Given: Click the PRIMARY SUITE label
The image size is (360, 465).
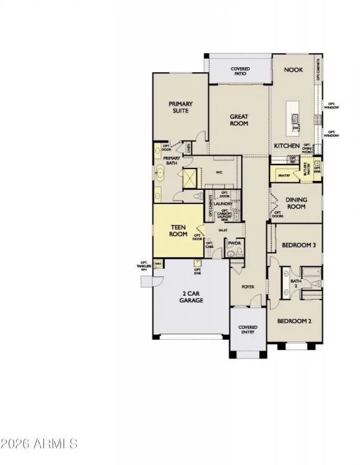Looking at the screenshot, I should click(x=180, y=107).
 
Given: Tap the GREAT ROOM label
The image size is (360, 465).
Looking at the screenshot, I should click(x=239, y=120).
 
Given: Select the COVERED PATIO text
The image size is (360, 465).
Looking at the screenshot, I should click(x=240, y=71).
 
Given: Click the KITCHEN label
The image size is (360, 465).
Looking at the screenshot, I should click(x=286, y=146).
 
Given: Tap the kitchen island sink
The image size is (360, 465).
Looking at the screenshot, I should click(x=294, y=118).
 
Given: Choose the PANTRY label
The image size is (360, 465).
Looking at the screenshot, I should click(x=283, y=175).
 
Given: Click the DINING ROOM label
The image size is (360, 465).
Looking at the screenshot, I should click(x=296, y=203).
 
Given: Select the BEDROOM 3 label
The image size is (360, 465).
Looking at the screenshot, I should click(x=299, y=245).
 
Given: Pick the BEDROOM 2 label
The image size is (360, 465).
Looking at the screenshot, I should click(x=295, y=321).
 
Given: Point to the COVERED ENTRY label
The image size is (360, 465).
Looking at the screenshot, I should click(x=248, y=330).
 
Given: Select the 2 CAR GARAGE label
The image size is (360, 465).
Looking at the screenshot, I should click(x=192, y=298).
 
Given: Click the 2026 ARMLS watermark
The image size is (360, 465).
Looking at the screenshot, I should click(x=39, y=444).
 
